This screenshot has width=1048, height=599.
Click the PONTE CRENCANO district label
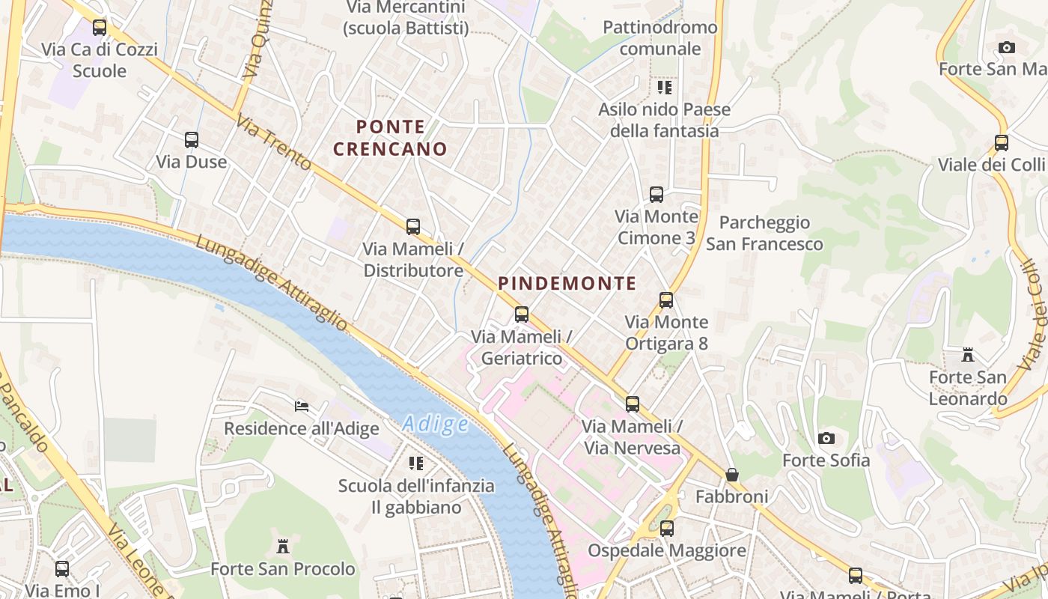coord(390,138)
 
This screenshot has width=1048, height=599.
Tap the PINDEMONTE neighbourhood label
coord(567,284)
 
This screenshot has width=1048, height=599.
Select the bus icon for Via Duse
coord(192,139)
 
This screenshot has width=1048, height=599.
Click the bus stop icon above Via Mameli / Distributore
coord(412,226)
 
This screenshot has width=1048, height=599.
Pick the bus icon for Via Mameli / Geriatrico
coord(522,314)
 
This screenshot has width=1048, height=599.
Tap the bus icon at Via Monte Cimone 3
coord(656,195)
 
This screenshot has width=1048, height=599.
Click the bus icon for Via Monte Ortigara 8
coord(666,300)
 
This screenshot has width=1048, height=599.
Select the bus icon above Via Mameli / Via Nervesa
coord(633,404)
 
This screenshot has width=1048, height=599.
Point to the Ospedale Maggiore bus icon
coord(666,529)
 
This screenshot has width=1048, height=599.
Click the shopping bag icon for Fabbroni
coord(732,475)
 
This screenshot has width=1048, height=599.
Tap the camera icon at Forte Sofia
coord(826,438)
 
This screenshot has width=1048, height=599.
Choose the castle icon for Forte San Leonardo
coord(968,355)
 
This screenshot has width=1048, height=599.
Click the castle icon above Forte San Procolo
coord(283,547)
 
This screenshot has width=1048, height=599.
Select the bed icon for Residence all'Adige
coord(302,407)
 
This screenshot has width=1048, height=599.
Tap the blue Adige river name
coord(436,425)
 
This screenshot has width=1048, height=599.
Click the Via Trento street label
coord(273,142)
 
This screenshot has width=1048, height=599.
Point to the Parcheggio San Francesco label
coord(764,233)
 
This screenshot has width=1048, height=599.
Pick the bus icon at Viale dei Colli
coord(1002,142)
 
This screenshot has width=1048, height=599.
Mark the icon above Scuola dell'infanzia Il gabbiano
coord(416,463)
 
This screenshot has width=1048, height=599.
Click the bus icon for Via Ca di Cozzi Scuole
coord(100,28)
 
